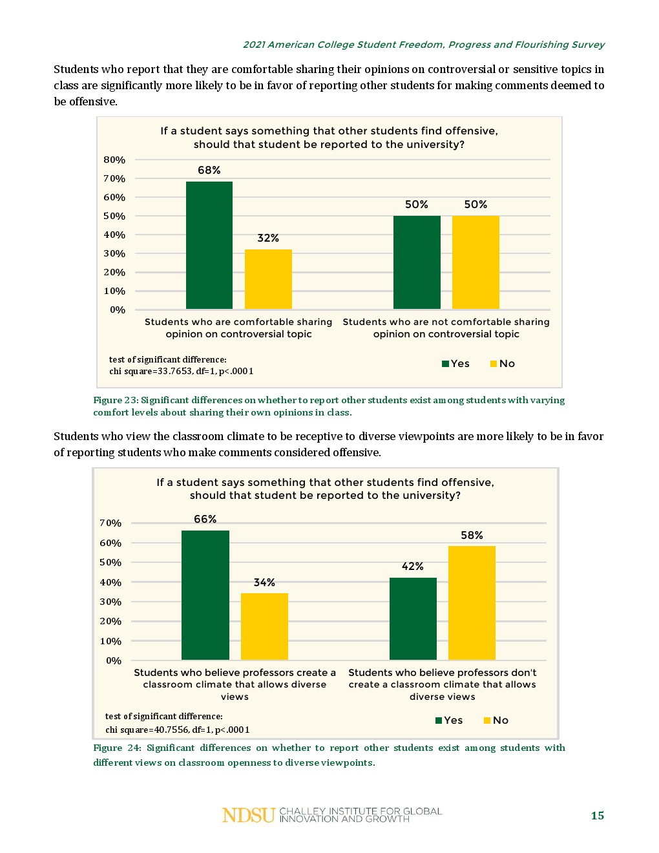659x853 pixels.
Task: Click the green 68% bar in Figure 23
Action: (x=209, y=245)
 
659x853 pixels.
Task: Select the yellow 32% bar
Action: (x=268, y=279)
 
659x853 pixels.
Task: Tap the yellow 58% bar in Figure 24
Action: (x=472, y=602)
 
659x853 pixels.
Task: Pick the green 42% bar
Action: (x=413, y=618)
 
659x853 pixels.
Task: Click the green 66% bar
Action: (x=205, y=595)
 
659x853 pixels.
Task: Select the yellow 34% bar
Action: (x=264, y=626)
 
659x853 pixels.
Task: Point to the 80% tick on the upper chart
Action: (x=114, y=160)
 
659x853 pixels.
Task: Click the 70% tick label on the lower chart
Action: (x=110, y=523)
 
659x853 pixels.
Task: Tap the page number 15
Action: (x=598, y=816)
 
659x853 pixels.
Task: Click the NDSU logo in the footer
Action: (x=249, y=816)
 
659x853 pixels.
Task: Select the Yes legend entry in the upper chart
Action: (x=455, y=364)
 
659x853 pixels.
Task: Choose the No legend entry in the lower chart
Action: (x=496, y=721)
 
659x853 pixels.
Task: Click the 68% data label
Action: (x=209, y=170)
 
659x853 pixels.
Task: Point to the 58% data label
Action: (x=472, y=535)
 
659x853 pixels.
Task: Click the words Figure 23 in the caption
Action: (x=115, y=400)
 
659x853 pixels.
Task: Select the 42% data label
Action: (x=413, y=566)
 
